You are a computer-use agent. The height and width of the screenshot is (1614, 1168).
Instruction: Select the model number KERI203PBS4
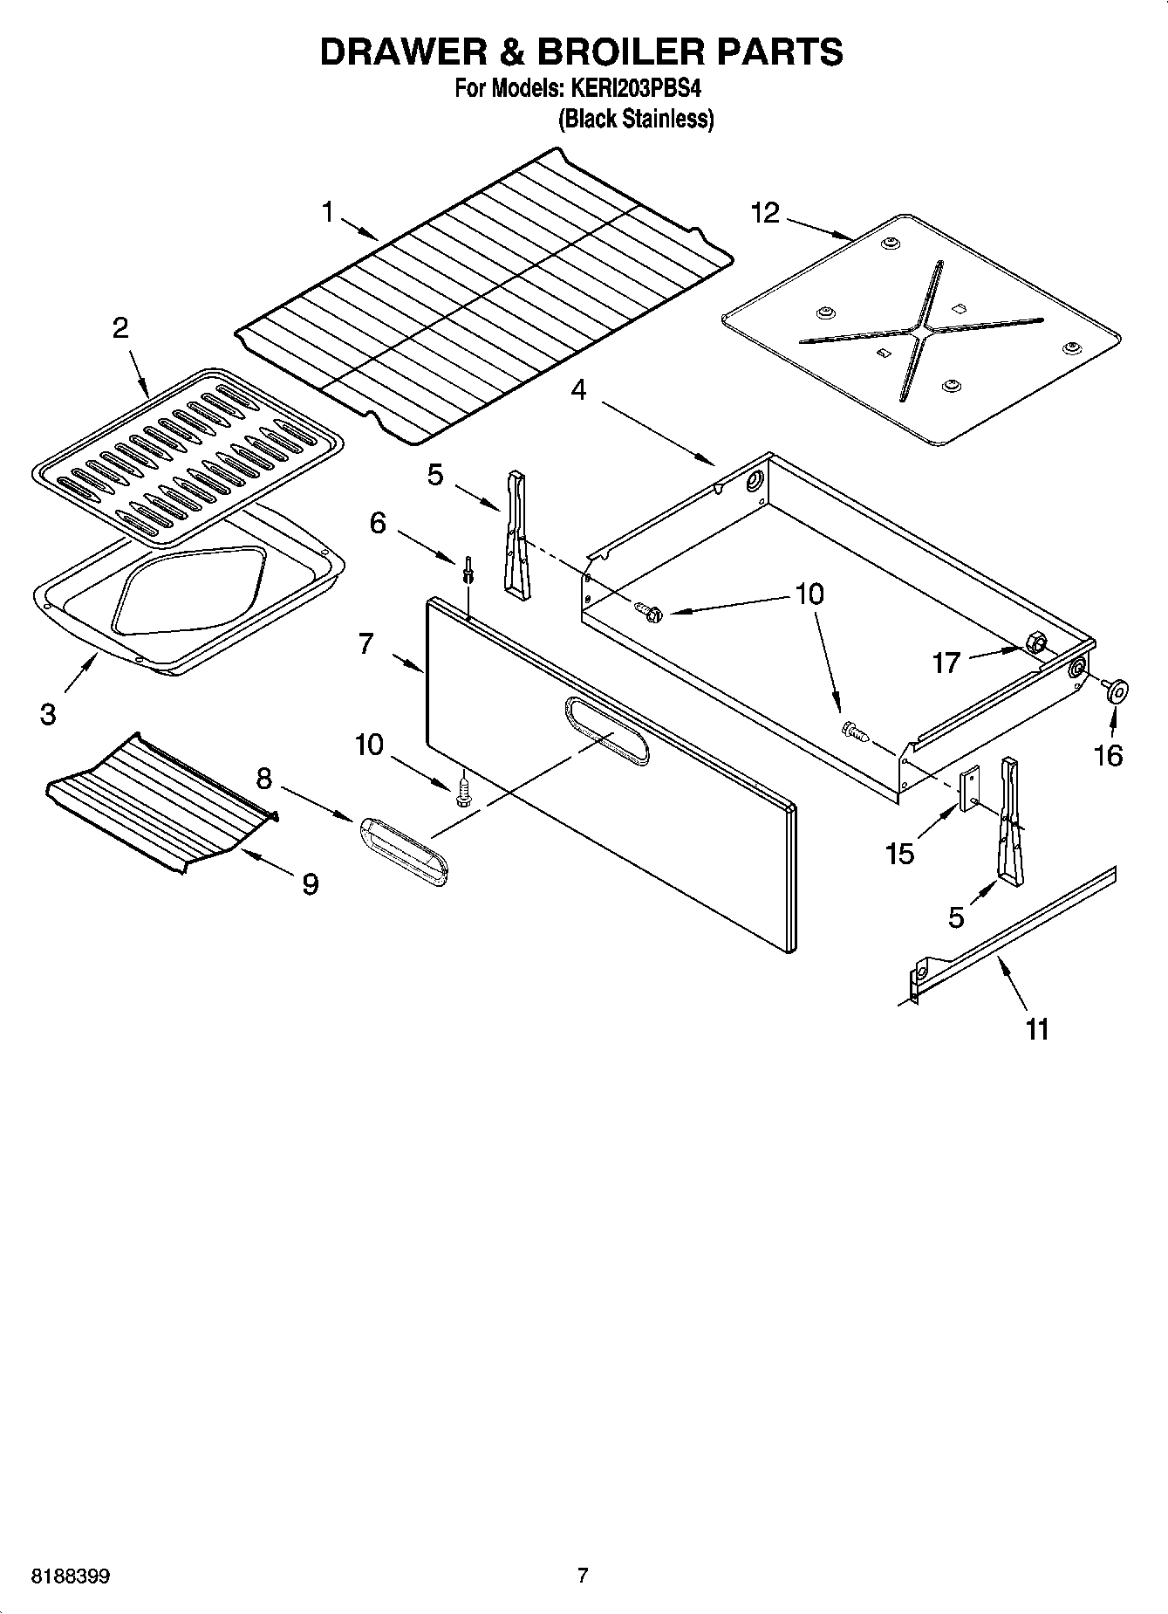point(636,89)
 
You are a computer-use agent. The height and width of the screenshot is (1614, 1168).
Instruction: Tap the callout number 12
point(765,213)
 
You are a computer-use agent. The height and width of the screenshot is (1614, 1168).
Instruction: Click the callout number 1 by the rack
point(328,212)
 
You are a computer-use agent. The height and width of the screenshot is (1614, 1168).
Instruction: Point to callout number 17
point(946,663)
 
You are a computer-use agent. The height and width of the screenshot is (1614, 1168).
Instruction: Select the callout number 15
point(899,853)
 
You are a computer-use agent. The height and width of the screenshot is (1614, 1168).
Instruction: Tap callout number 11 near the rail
point(1036,1030)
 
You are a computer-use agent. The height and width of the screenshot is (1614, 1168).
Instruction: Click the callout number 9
point(311,884)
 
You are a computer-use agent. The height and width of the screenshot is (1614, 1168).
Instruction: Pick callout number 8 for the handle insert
point(263,777)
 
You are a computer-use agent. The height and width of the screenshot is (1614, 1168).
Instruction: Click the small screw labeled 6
point(469,568)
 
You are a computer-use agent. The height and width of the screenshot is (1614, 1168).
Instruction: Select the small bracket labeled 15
point(969,789)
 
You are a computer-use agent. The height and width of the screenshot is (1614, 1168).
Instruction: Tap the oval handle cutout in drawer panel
point(607,731)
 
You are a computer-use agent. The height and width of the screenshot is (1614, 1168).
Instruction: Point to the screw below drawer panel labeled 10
point(463,792)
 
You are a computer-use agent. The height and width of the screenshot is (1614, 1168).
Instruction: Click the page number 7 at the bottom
point(583,1576)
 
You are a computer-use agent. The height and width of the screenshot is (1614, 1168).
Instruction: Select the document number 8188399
point(71,1576)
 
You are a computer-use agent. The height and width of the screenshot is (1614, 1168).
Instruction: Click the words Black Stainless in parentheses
point(636,119)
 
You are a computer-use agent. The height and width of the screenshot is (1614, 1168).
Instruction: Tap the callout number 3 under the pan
point(48,714)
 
